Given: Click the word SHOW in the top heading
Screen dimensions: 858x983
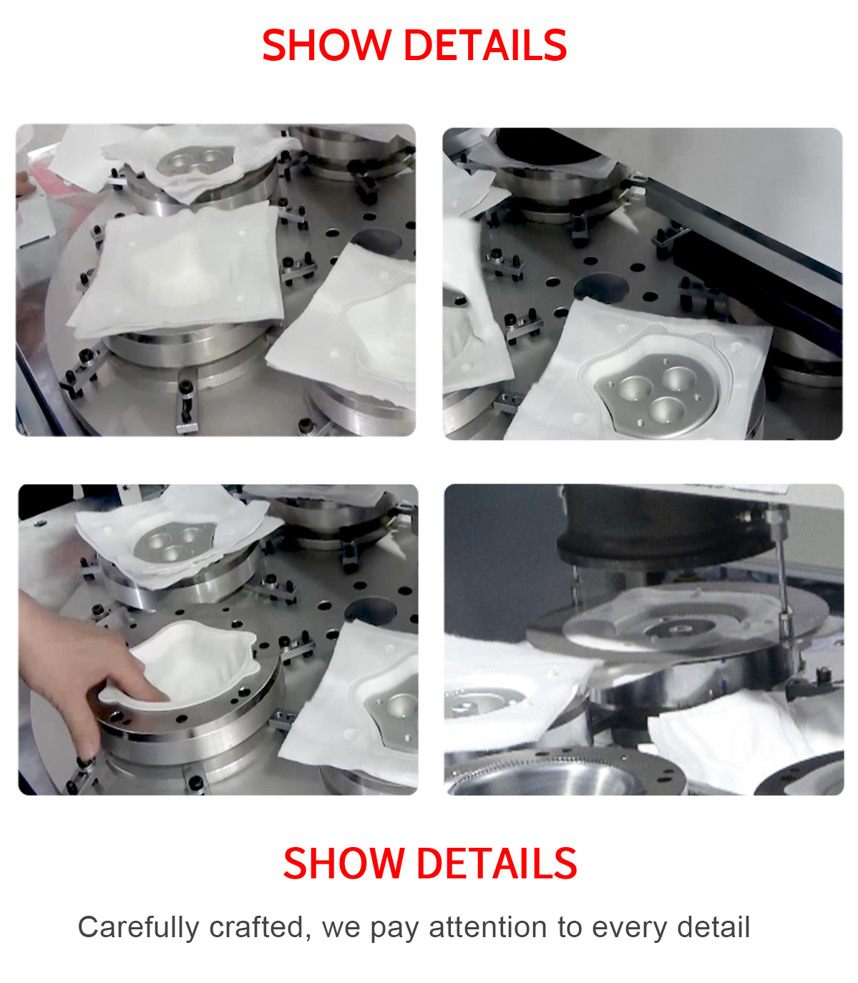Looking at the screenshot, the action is coord(327,45).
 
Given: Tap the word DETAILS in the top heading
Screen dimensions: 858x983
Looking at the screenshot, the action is coord(486,45).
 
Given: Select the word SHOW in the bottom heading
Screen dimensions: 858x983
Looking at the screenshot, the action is coord(343,864).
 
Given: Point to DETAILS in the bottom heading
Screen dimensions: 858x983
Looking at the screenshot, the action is coord(497,864).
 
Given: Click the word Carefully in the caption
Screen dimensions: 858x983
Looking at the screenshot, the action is coord(138,928).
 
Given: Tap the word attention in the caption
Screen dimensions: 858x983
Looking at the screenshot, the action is coord(487,926).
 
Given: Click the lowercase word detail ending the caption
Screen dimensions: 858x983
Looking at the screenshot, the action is coord(713,926).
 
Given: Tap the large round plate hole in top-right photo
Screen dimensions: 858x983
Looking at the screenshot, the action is coord(602,287).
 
